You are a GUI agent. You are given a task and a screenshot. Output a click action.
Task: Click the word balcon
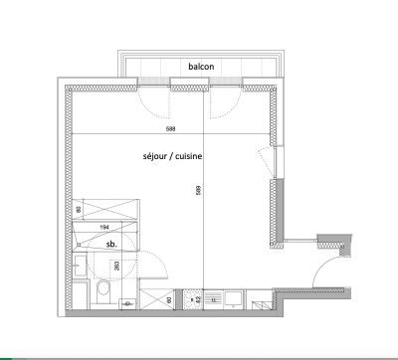[201, 67]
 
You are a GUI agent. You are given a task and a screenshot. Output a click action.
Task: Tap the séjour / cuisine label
[175, 157]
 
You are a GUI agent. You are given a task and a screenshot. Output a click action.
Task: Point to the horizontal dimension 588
[174, 126]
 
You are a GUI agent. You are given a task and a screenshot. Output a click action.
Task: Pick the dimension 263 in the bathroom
[117, 266]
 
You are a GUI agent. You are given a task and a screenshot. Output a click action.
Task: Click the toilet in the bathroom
[103, 289]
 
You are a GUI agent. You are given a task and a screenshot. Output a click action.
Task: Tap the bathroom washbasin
[79, 264]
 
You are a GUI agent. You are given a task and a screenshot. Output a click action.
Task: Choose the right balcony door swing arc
[225, 102]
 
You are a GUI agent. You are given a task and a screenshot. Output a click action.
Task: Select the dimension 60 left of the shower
[79, 211]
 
